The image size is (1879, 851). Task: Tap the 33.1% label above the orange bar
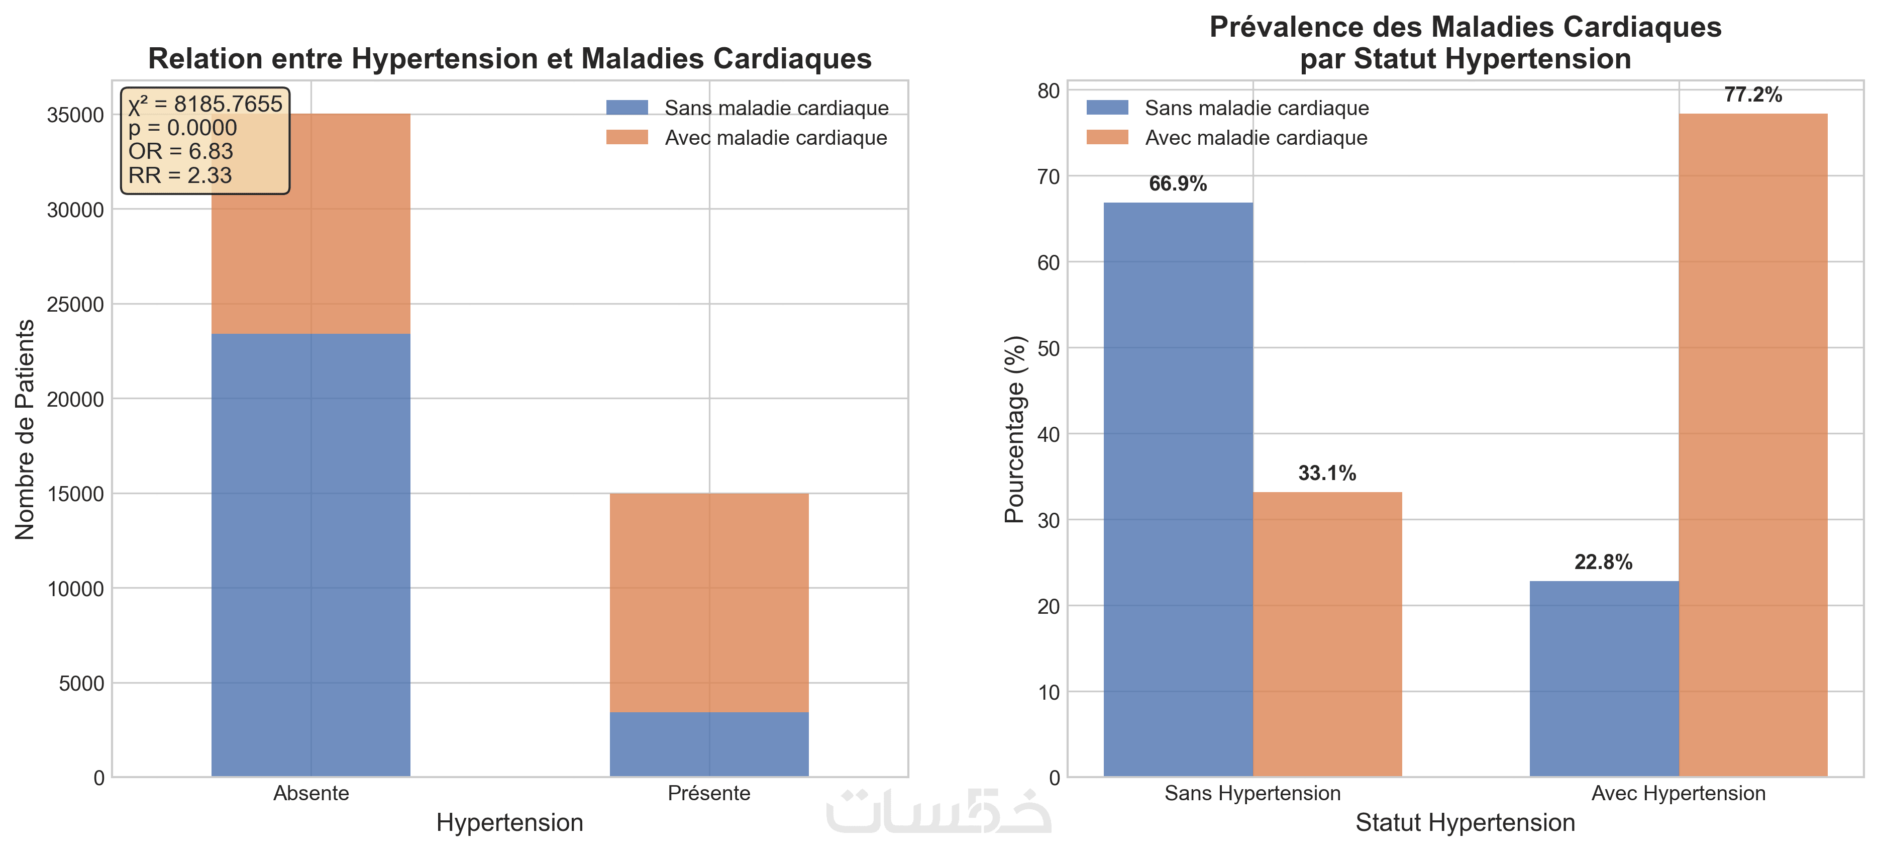pos(1327,474)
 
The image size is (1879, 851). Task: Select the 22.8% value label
pos(1603,562)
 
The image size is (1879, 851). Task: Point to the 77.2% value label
pos(1753,95)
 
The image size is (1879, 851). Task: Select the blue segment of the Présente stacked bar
pos(709,744)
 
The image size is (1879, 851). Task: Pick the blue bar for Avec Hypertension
pos(1603,679)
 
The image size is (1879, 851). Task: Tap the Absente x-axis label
pos(310,793)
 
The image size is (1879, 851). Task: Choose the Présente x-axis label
pos(709,793)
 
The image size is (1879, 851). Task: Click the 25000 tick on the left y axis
pos(75,304)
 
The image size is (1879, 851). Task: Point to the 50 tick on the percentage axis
pos(1048,349)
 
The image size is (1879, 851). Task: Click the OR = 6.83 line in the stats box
pos(180,151)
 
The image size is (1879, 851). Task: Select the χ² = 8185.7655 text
pos(205,105)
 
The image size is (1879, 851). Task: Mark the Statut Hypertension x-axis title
pos(1465,822)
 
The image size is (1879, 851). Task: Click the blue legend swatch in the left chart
pos(627,108)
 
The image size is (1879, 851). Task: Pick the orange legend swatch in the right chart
pos(1106,138)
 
